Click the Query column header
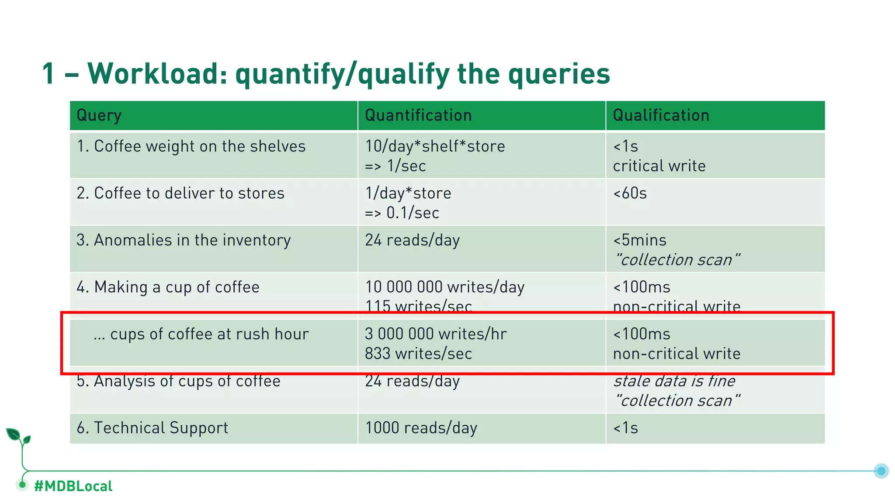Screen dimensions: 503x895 (99, 116)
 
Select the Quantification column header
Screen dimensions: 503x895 (418, 116)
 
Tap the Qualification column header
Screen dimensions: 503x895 (661, 116)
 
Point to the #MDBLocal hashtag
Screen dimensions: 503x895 (73, 486)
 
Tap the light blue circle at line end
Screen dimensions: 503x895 (881, 471)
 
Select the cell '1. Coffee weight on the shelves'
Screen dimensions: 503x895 (191, 146)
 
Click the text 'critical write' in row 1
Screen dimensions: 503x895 (659, 166)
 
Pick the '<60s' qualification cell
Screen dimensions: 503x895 (630, 193)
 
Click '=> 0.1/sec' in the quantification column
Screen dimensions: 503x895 (402, 213)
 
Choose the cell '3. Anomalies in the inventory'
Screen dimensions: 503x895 (184, 240)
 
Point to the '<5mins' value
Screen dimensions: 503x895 (640, 240)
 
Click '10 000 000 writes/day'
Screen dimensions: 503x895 (444, 287)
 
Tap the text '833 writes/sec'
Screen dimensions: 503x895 (418, 354)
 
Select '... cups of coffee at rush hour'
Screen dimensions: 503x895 (201, 334)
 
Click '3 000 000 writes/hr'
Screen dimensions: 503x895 (436, 334)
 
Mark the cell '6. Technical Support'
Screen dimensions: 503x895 (152, 428)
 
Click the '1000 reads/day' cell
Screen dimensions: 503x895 (421, 428)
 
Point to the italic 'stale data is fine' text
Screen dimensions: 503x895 (674, 381)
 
